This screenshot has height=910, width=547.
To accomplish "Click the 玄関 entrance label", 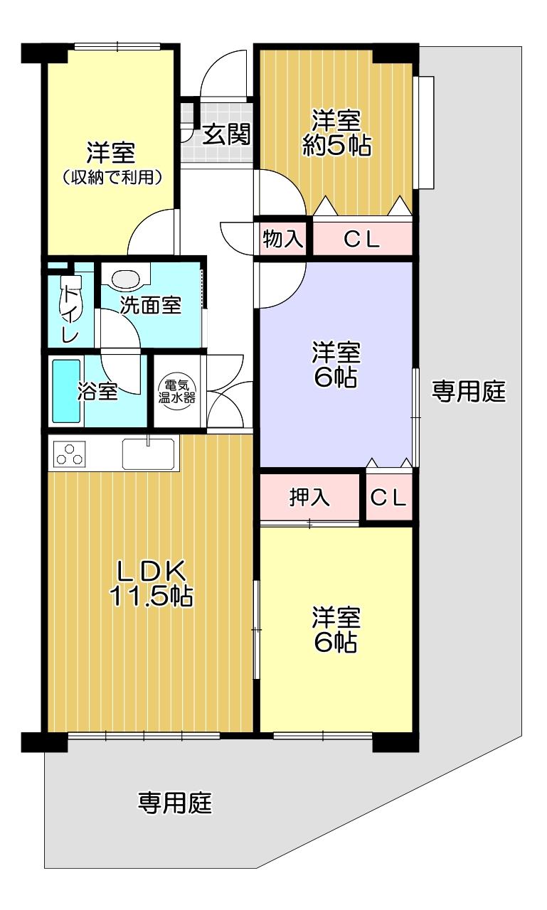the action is pyautogui.click(x=226, y=134).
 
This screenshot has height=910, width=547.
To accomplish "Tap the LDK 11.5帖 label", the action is pyautogui.click(x=151, y=583).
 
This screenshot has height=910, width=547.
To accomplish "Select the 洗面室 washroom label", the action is pyautogui.click(x=150, y=305).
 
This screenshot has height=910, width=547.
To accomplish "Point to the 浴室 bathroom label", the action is pyautogui.click(x=97, y=391).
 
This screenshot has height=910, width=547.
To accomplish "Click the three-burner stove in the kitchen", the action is pyautogui.click(x=70, y=454).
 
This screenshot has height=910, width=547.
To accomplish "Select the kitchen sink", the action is pyautogui.click(x=149, y=454).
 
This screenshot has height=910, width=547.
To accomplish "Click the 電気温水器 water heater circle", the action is pyautogui.click(x=177, y=391).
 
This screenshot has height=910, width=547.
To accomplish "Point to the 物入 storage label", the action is pyautogui.click(x=282, y=238).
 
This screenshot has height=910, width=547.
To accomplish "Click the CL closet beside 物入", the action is pyautogui.click(x=361, y=239).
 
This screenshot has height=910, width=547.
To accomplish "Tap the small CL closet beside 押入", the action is pyautogui.click(x=389, y=497).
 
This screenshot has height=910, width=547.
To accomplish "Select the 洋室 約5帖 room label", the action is pyautogui.click(x=336, y=132).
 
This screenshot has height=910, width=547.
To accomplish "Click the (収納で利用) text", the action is pyautogui.click(x=112, y=177).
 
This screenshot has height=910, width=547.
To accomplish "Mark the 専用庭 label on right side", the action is pyautogui.click(x=468, y=391).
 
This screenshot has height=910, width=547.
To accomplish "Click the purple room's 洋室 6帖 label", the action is pyautogui.click(x=336, y=365).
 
